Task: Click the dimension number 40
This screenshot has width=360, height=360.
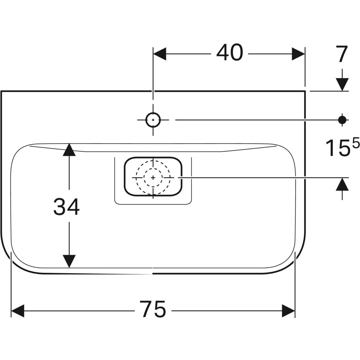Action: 229,53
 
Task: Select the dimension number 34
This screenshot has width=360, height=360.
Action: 66,207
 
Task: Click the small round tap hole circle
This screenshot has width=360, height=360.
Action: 153,120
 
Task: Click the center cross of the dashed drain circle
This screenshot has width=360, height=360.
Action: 153,178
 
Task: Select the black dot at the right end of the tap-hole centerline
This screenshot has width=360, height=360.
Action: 341,120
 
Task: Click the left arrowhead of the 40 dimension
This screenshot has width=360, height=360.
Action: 160,54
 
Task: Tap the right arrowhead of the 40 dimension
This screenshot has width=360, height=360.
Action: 298,54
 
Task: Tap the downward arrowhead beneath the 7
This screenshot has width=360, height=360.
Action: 342,84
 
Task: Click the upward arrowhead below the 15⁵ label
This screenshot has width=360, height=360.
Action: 342,184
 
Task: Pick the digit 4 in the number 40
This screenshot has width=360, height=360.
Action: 223,53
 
